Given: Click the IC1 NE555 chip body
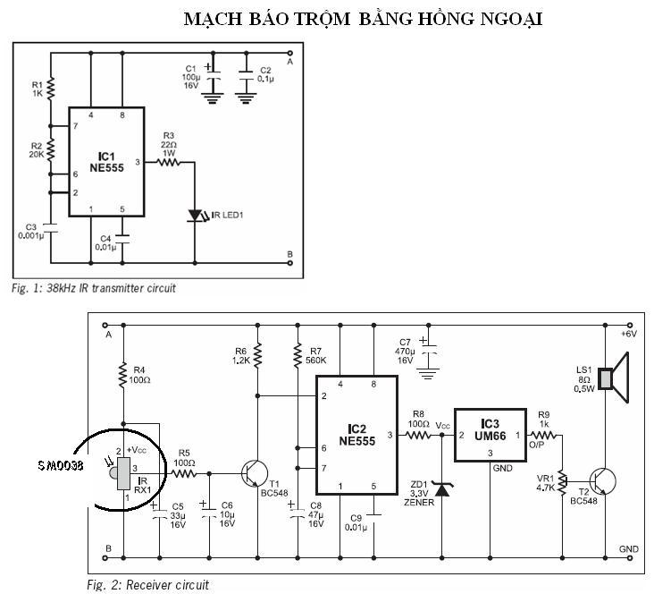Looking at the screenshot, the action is [107, 162].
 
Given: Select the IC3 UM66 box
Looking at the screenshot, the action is [490, 436].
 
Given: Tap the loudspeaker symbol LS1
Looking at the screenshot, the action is [613, 378].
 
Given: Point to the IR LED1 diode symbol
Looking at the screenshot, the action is [195, 216].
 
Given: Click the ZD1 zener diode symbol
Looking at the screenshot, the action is [442, 488].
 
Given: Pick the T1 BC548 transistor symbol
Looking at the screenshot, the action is [255, 474].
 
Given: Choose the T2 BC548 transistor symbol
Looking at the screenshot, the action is [603, 481].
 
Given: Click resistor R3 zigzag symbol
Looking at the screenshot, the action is [169, 162].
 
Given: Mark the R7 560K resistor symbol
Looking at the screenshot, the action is [298, 355].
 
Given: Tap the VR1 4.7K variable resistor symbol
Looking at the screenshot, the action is [562, 482].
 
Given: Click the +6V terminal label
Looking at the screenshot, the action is [629, 335].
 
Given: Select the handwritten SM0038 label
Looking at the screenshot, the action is [61, 465].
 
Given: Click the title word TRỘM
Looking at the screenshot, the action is [322, 19].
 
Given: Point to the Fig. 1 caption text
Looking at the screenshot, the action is [94, 288].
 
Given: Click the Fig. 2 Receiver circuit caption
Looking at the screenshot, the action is [147, 585].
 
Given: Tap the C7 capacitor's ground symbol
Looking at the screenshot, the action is [428, 373].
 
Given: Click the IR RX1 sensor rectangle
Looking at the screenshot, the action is [123, 473].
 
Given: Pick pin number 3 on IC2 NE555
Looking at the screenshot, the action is [390, 435].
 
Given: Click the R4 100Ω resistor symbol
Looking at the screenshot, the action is [123, 375].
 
